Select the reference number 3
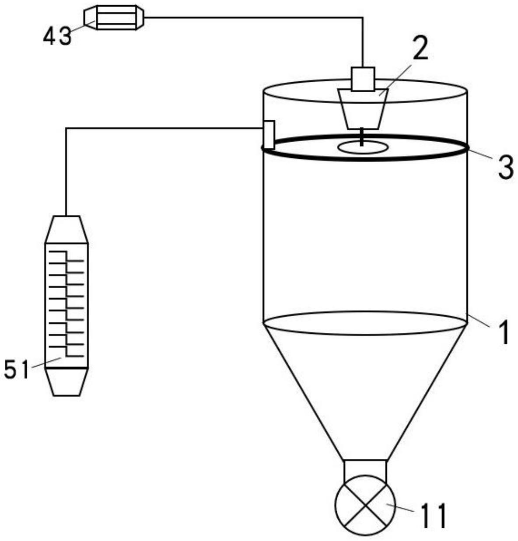pos(505,168)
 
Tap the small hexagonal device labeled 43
pos(114,17)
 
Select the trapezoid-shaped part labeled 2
pos(363,109)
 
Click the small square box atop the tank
pos(363,79)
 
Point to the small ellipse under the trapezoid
pos(362,147)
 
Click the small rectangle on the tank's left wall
pos(269,135)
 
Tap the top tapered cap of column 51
pos(66,229)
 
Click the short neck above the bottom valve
pos(365,468)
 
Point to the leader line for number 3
pos(480,154)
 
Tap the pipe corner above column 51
pos(66,128)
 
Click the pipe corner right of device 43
pos(363,17)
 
